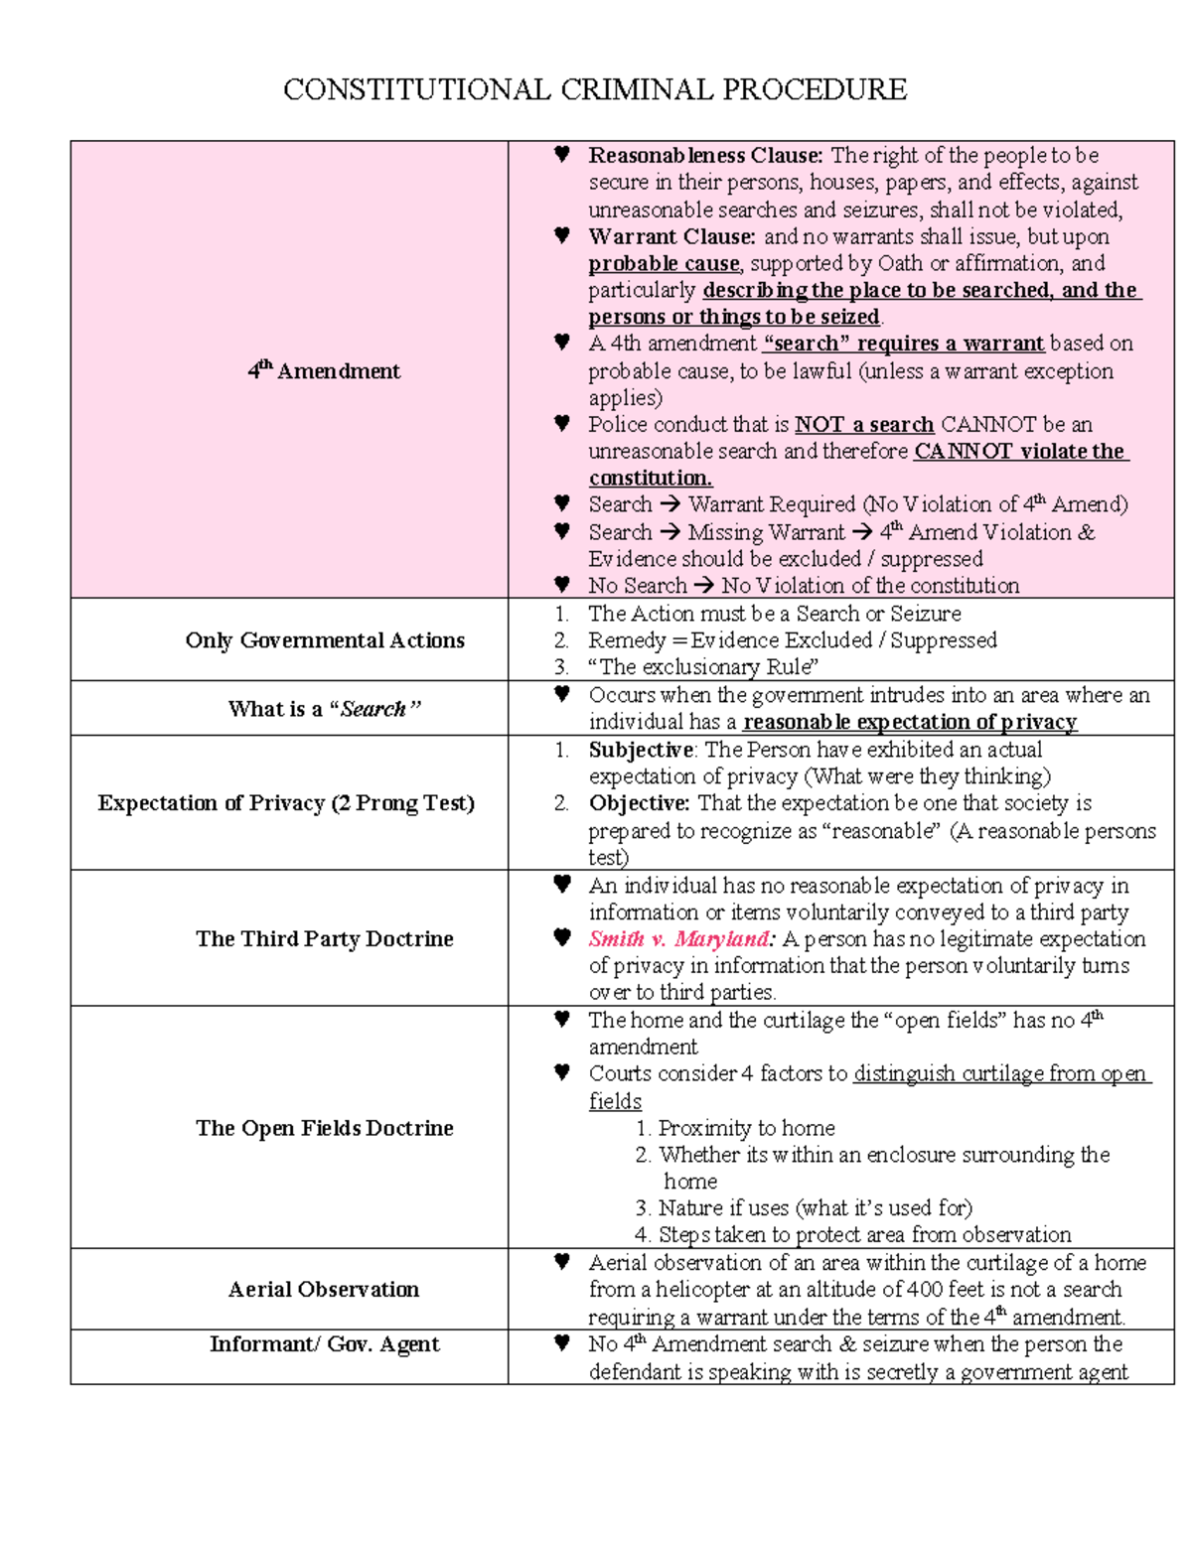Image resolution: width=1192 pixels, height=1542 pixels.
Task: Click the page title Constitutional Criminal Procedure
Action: [x=594, y=89]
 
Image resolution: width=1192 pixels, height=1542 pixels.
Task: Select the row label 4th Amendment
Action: [x=324, y=370]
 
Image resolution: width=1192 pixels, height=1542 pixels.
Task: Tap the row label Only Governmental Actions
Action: [x=325, y=640]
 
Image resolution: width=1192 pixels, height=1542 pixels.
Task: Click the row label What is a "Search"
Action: [x=325, y=709]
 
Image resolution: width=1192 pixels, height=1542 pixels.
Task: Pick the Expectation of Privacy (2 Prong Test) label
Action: [x=286, y=802]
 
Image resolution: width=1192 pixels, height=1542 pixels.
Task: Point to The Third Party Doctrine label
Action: [x=325, y=938]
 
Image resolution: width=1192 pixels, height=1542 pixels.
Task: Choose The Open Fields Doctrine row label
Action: [x=325, y=1128]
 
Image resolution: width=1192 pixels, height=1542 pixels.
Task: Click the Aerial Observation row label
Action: [x=324, y=1289]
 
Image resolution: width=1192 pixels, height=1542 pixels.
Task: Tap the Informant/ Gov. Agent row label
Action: [x=325, y=1344]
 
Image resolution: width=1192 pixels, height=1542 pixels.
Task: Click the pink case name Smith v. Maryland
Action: [x=679, y=939]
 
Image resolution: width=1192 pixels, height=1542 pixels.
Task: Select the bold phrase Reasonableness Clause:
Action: [x=705, y=155]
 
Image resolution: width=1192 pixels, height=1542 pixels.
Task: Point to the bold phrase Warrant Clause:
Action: [x=671, y=236]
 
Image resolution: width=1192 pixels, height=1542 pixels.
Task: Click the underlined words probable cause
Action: [x=664, y=264]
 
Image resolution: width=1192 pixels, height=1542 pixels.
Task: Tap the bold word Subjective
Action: [x=641, y=750]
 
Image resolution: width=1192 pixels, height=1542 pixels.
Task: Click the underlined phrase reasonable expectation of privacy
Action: [x=909, y=722]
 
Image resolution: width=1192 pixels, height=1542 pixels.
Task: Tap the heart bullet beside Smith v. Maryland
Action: [x=562, y=937]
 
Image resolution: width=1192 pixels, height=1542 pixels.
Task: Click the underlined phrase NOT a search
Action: [x=864, y=425]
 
